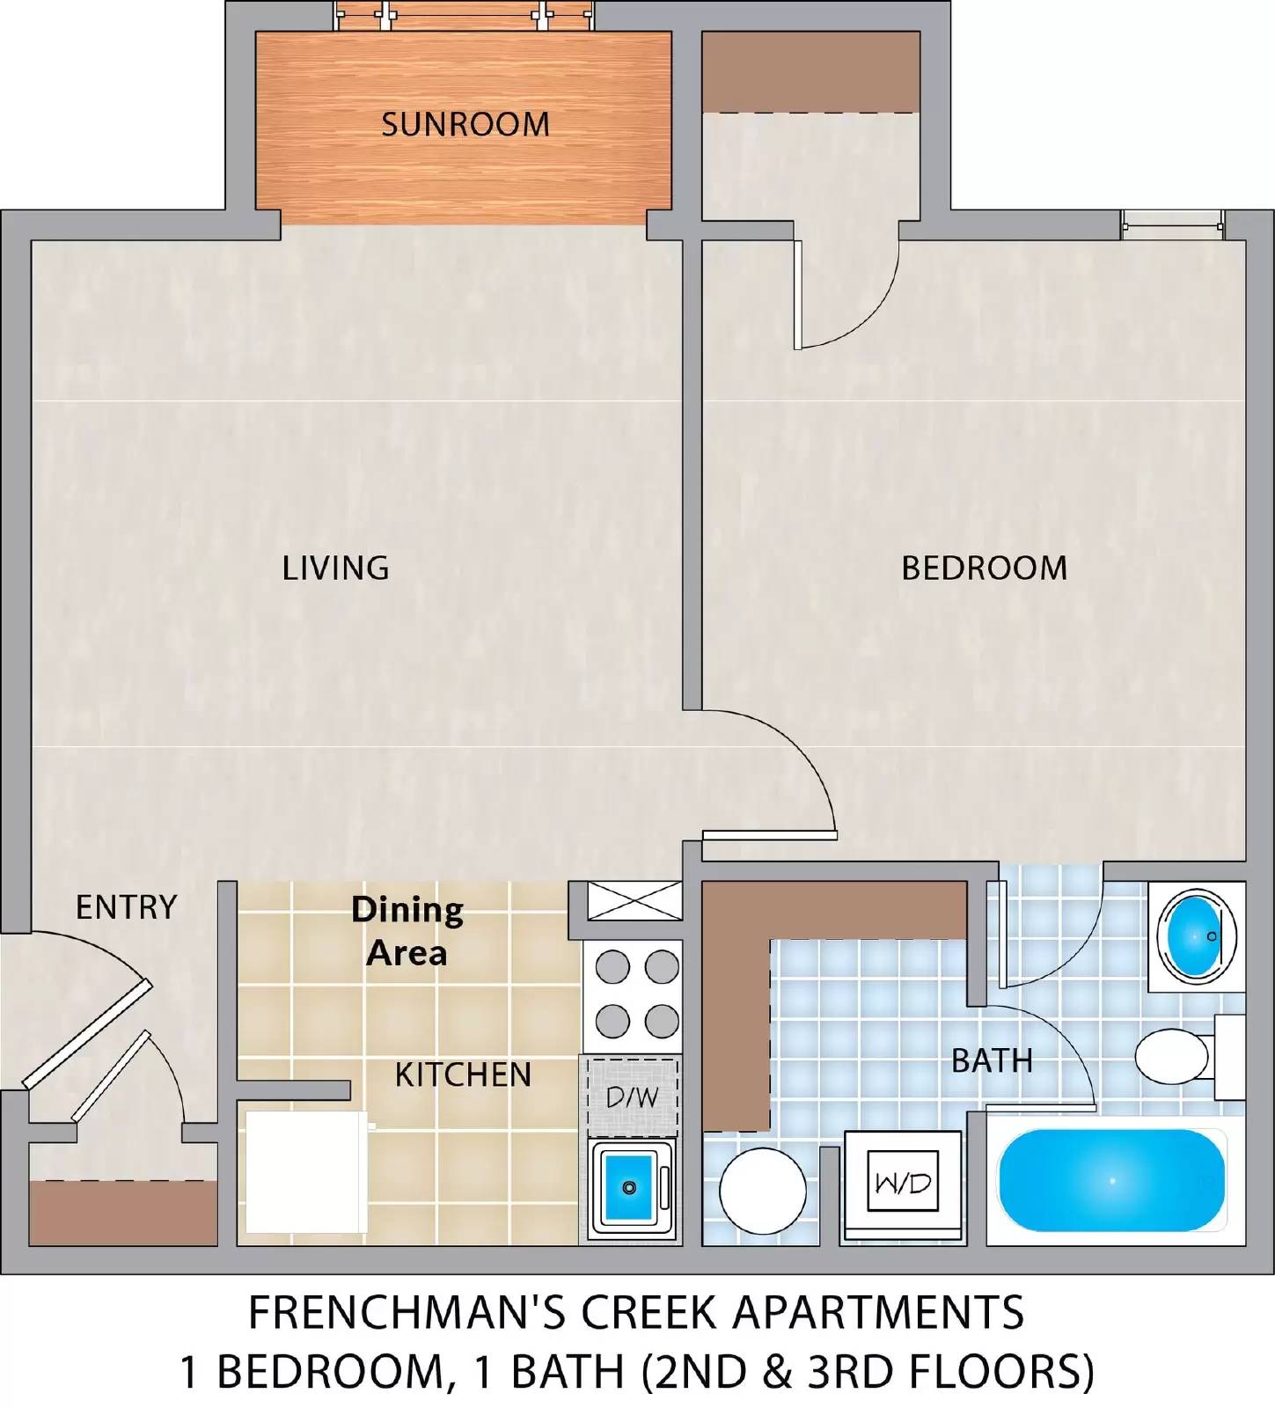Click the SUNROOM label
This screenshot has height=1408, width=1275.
(x=465, y=124)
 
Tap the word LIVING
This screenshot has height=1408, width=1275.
(x=335, y=568)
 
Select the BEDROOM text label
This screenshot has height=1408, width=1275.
(x=984, y=568)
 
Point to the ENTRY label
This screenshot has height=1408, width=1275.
(x=126, y=907)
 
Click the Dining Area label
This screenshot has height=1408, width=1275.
(x=407, y=930)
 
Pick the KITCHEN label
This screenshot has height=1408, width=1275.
(x=463, y=1074)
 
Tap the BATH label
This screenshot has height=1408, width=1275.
(x=992, y=1060)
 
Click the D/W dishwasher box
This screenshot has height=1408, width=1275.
(x=632, y=1096)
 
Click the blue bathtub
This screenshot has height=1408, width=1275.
(x=1112, y=1180)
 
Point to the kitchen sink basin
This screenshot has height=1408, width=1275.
(x=628, y=1186)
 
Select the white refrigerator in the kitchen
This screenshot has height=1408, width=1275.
(x=306, y=1172)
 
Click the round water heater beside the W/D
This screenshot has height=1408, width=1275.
(x=763, y=1191)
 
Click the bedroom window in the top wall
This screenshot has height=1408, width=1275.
(x=1173, y=226)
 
